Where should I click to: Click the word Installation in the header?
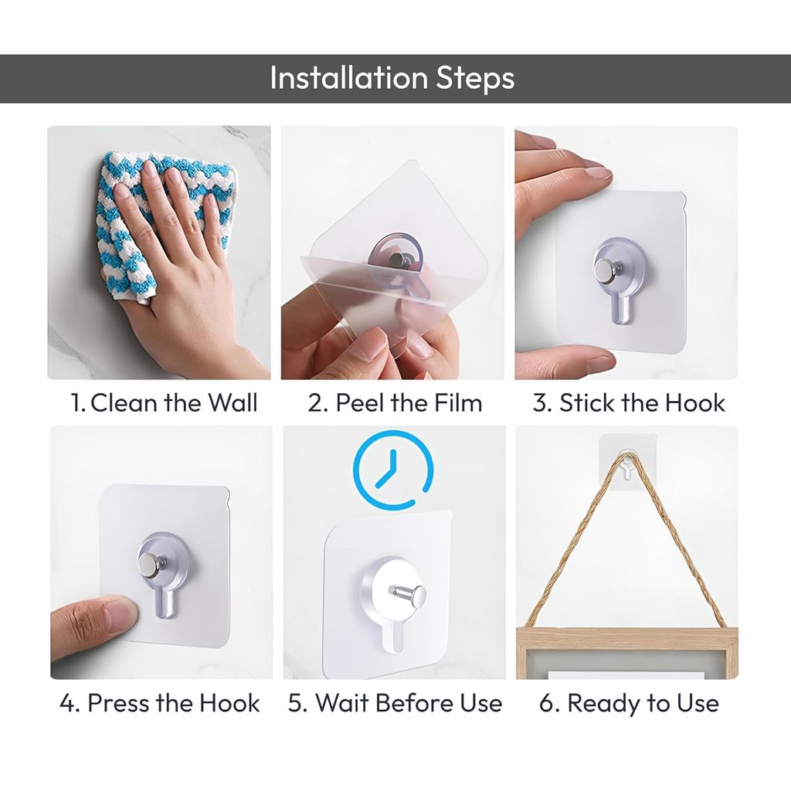click(x=337, y=78)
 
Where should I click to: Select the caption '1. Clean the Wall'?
click(x=164, y=402)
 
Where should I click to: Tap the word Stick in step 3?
click(x=590, y=402)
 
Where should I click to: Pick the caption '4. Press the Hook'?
click(x=160, y=703)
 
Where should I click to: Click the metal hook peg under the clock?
click(x=407, y=595)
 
